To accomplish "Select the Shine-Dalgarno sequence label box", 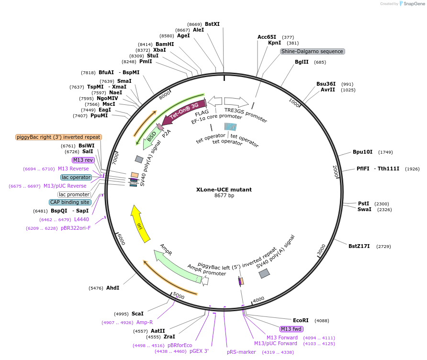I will tap(312, 51).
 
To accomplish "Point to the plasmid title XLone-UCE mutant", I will tap(224, 190).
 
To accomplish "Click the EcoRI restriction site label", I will tap(301, 320).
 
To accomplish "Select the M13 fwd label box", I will tap(292, 329).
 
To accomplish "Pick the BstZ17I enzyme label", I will tap(359, 247).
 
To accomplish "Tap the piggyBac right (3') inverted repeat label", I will tap(58, 137).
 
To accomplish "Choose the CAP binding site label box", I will tap(69, 202).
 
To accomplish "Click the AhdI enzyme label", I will tap(112, 288).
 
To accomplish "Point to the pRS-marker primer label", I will tap(241, 352).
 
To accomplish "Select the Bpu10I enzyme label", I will tap(362, 152).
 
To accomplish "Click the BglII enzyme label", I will tap(302, 62).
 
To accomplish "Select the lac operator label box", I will tap(76, 177).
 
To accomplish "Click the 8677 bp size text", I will tap(224, 195).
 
